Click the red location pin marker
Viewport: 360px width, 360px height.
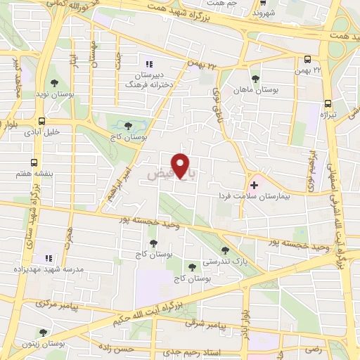181,165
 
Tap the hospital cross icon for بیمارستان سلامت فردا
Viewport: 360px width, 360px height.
254,184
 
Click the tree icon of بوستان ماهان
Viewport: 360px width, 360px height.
255,79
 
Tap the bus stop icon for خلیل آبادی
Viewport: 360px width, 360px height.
43,121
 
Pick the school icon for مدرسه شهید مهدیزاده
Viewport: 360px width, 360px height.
49,258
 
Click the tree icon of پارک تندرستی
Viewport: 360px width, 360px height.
225,250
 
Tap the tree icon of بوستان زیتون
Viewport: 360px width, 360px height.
43,333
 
